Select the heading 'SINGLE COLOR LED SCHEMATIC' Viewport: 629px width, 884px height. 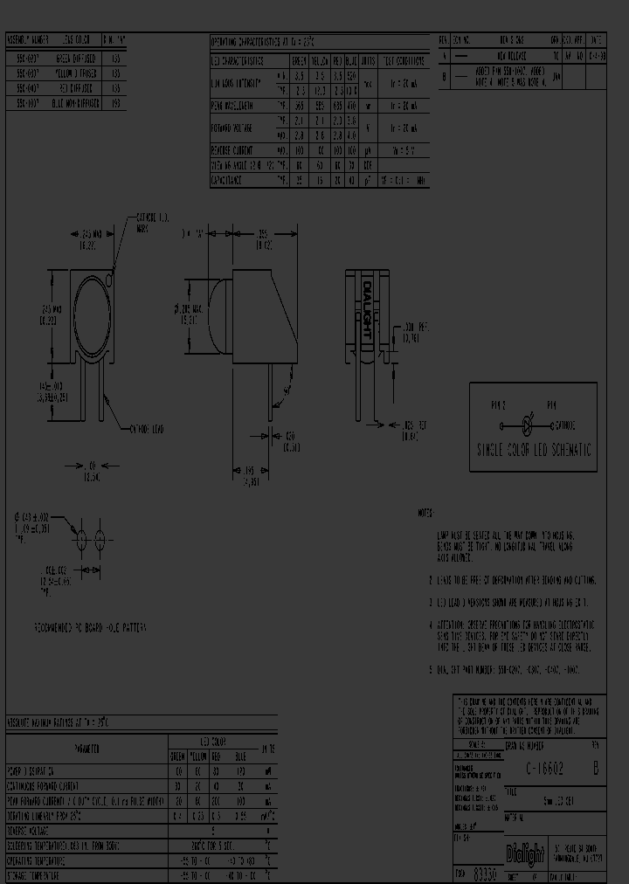(533, 451)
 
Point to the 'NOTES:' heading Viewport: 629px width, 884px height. (425, 514)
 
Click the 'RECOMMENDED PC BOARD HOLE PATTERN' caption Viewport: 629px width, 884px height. (90, 628)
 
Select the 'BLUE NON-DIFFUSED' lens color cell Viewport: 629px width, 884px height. (69, 102)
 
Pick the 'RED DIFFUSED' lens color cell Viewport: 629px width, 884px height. (69, 90)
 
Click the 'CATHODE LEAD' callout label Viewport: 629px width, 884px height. (146, 430)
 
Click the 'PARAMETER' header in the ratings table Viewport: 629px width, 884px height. (86, 749)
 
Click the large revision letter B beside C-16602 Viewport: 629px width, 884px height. (596, 769)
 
